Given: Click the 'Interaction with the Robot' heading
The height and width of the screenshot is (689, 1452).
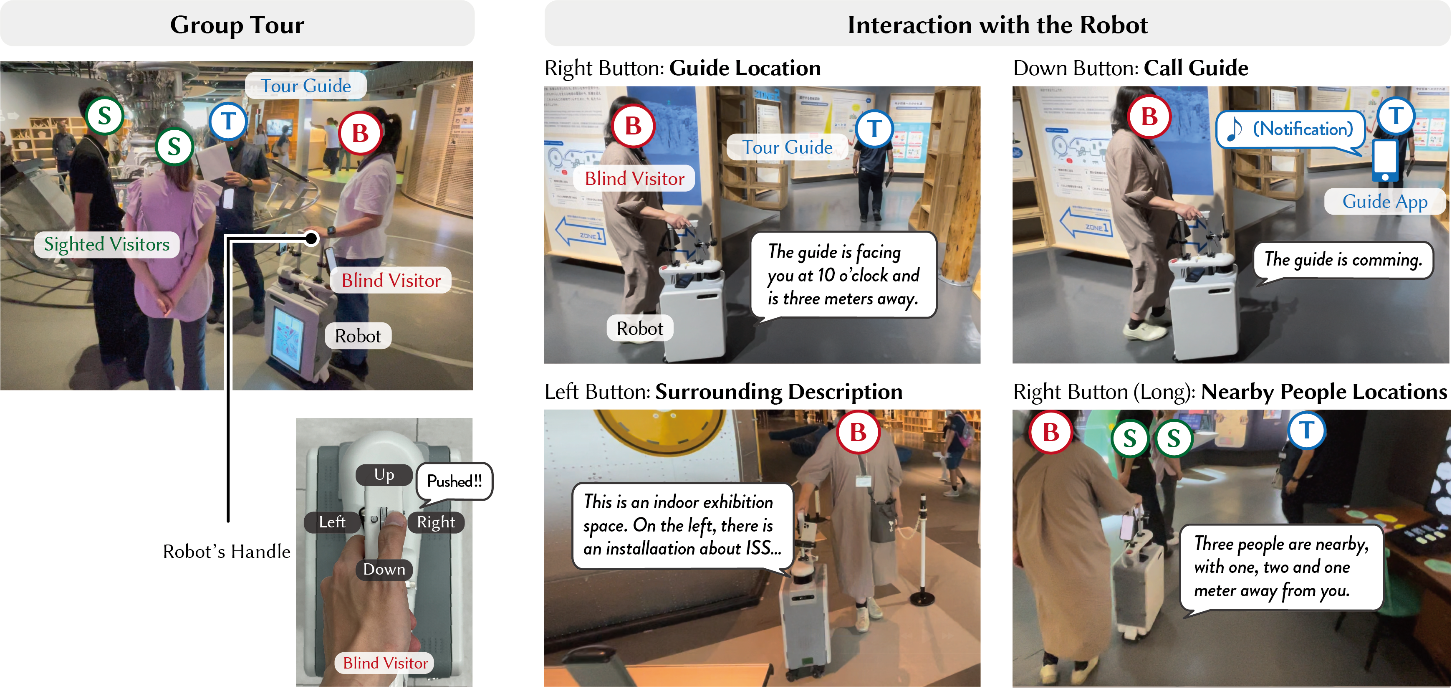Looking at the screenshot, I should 997,25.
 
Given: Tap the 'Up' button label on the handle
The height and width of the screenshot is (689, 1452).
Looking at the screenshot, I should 384,475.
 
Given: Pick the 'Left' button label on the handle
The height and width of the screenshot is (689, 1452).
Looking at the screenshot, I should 332,522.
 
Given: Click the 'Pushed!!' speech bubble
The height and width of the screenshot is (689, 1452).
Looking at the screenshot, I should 455,481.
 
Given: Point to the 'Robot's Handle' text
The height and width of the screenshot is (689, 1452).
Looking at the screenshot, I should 227,552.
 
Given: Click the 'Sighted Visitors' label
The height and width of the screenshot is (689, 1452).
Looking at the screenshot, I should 106,244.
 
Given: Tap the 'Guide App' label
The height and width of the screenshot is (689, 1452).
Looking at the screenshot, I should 1384,201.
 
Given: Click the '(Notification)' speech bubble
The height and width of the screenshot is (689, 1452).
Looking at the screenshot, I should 1291,130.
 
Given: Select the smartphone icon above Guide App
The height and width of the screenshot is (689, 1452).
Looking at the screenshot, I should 1384,161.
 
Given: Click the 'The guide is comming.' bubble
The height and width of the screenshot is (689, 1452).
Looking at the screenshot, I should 1343,259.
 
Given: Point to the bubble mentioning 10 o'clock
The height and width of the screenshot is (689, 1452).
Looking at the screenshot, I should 843,275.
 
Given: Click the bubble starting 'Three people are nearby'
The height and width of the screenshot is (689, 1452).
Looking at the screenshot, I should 1280,567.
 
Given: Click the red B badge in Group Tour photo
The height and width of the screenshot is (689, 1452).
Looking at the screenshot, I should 360,134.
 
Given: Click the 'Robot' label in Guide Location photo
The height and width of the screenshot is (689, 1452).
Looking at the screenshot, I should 639,328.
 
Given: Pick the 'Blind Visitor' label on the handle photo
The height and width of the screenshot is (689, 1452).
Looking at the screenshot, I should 386,663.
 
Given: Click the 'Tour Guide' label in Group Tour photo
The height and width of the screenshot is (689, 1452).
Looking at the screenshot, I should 306,86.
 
